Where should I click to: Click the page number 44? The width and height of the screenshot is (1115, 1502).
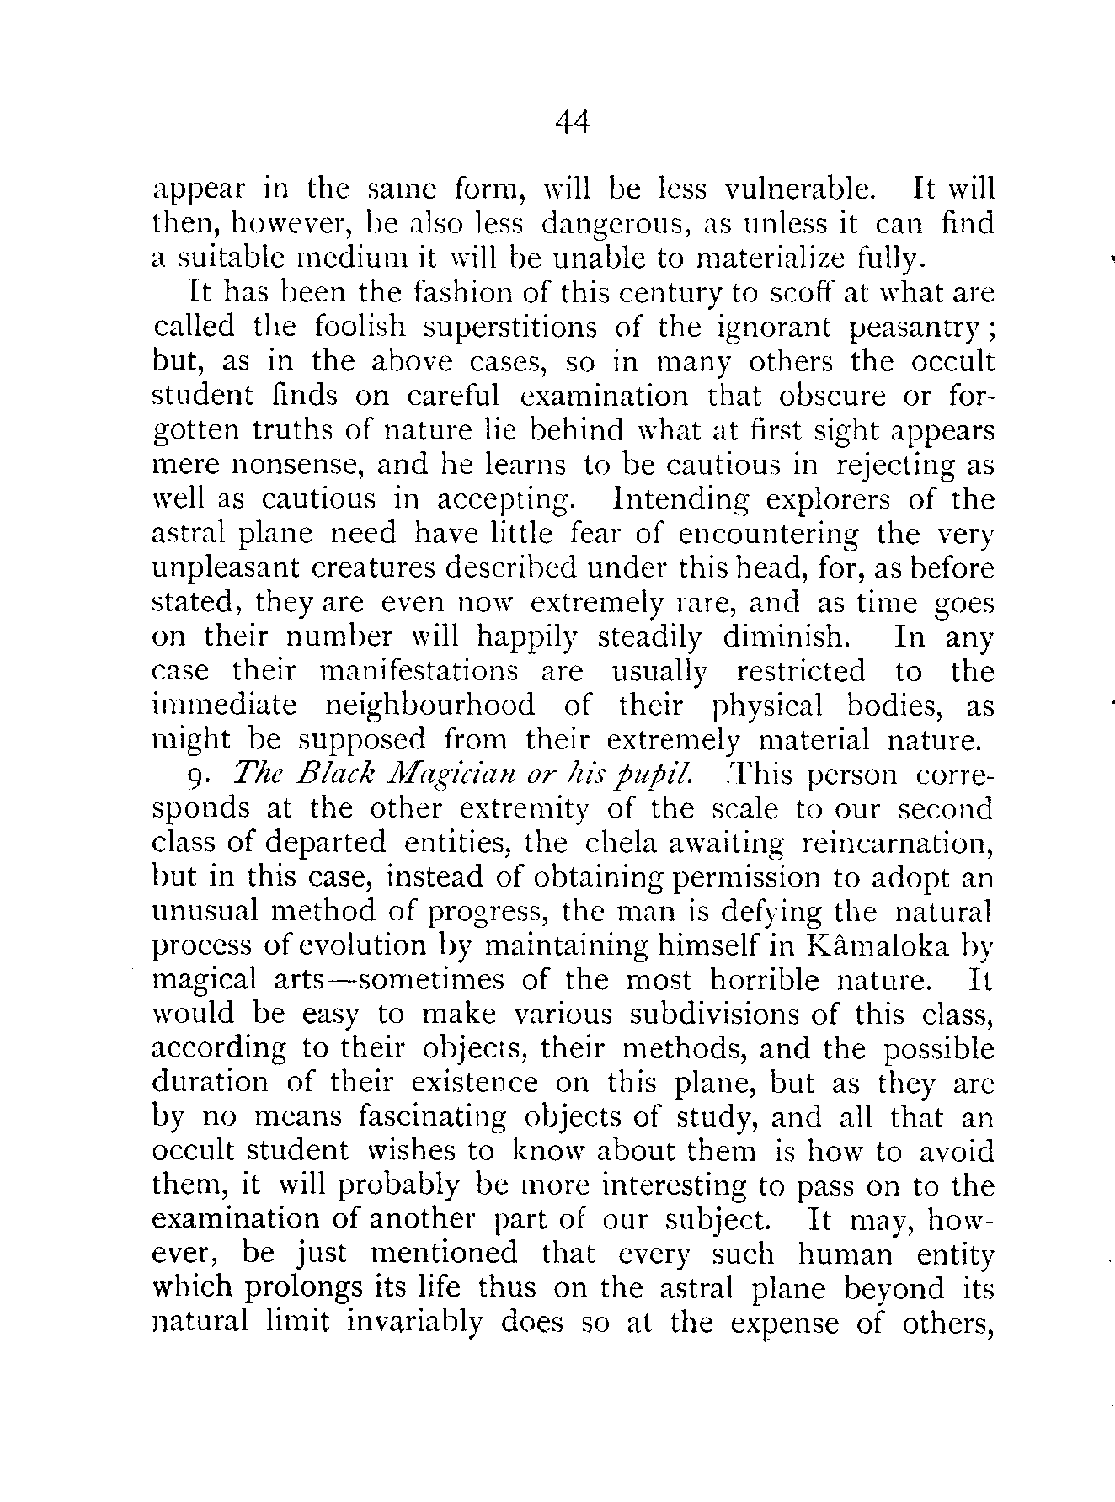click(x=573, y=124)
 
